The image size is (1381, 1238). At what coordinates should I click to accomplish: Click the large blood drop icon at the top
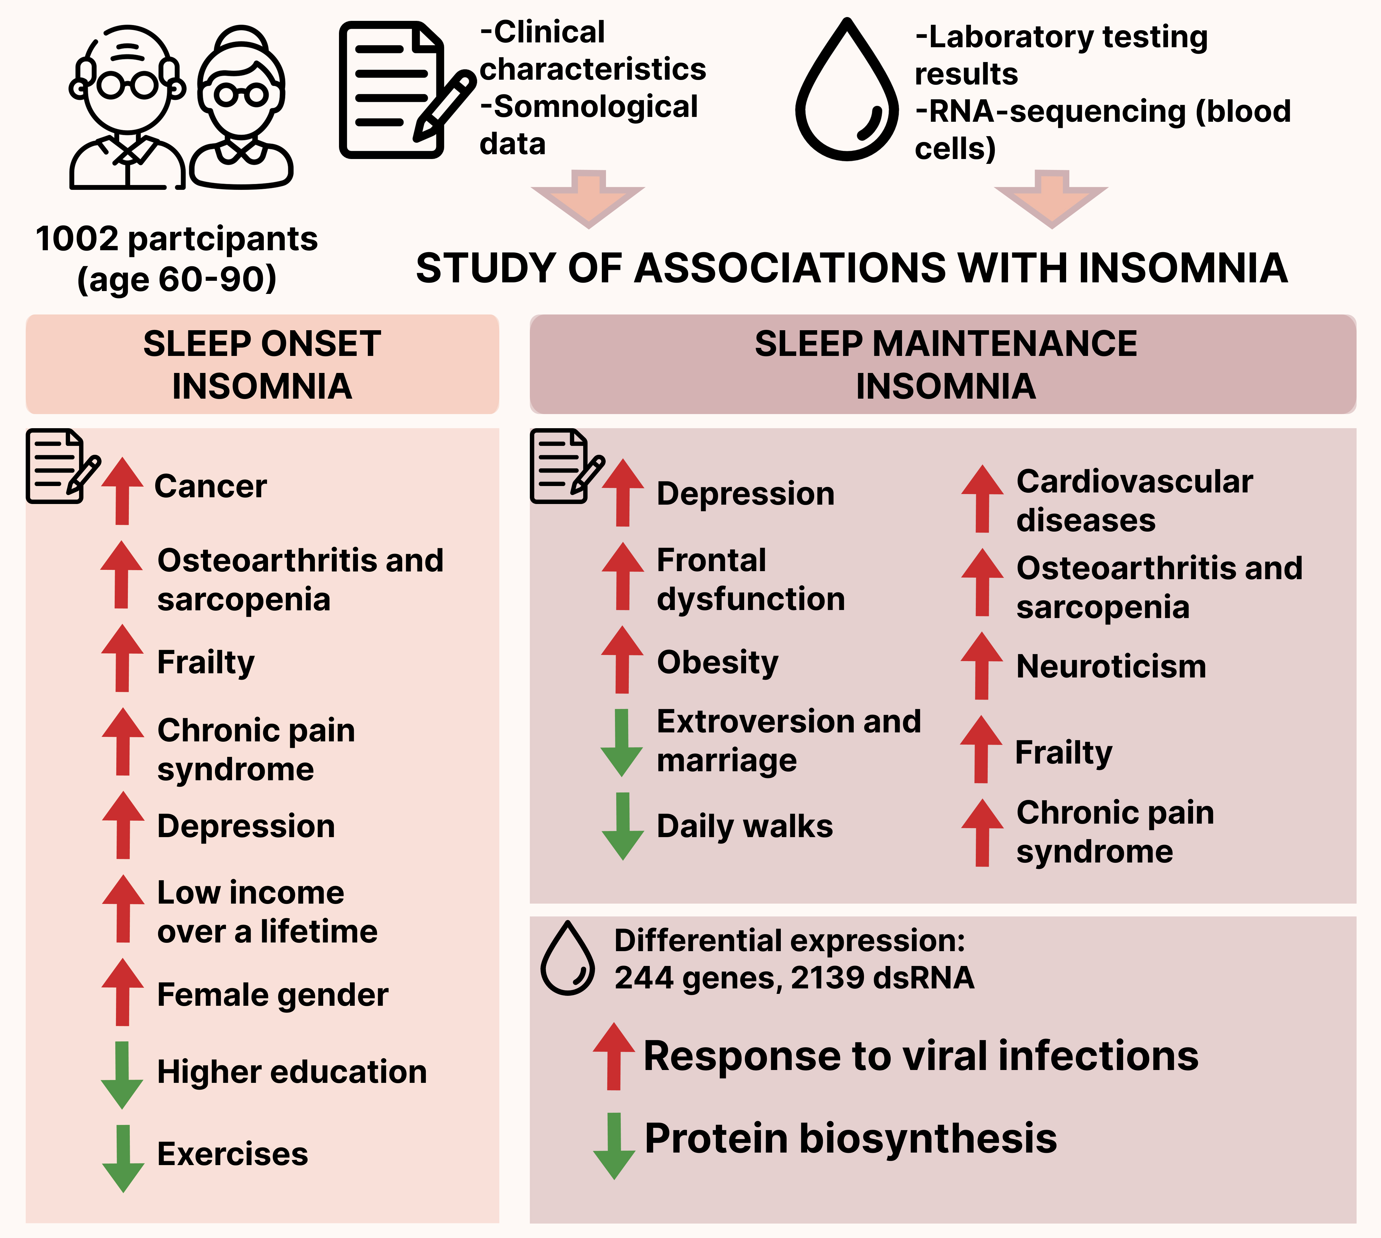[x=847, y=92]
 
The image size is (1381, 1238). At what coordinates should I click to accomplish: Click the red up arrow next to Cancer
[x=122, y=491]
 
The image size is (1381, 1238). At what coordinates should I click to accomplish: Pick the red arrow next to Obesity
[x=622, y=660]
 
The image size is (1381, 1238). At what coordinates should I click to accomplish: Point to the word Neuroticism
[x=1111, y=667]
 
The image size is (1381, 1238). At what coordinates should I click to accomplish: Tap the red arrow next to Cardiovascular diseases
[x=982, y=499]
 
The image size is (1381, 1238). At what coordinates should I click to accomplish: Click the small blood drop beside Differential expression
[x=567, y=959]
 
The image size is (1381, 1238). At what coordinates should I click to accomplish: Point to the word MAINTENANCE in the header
[x=1004, y=343]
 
